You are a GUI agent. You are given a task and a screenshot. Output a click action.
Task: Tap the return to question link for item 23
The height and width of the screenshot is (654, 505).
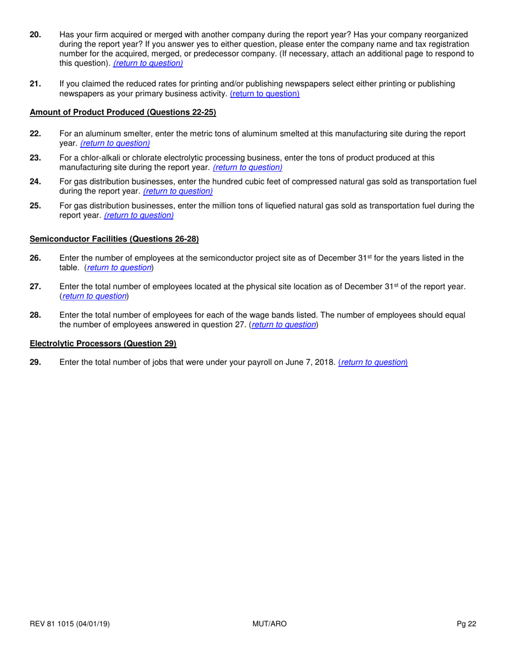pyautogui.click(x=247, y=167)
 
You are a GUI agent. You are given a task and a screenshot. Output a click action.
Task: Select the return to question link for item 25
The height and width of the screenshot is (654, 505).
pyautogui.click(x=139, y=215)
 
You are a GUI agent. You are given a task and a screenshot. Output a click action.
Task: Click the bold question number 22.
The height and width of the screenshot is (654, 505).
pyautogui.click(x=36, y=134)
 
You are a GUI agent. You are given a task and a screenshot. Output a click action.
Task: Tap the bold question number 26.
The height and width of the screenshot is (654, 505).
pyautogui.click(x=36, y=258)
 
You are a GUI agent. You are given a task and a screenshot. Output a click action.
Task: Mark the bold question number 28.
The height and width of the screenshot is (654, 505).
pyautogui.click(x=36, y=315)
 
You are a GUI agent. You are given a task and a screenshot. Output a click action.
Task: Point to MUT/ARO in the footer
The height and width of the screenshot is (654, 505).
pyautogui.click(x=270, y=624)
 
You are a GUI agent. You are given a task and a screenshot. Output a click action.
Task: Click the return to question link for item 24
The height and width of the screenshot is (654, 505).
pyautogui.click(x=178, y=191)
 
